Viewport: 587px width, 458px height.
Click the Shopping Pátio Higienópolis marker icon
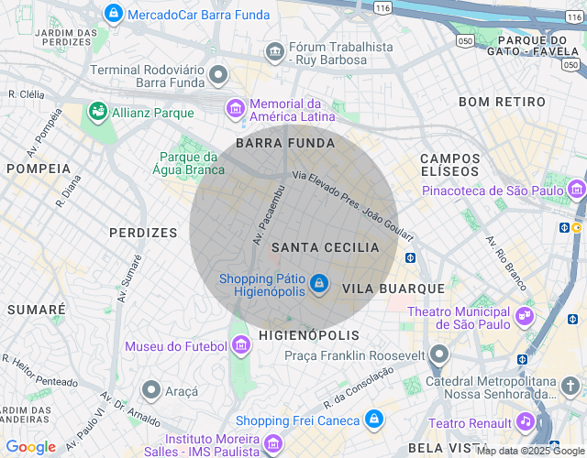[x=318, y=285]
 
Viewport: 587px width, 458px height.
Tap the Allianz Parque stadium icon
[x=97, y=112]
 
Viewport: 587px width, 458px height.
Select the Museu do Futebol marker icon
[x=241, y=345]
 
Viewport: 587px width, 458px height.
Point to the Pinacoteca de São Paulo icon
[x=576, y=190]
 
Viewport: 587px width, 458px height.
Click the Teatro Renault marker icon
[x=525, y=421]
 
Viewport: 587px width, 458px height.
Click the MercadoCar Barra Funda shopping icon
[x=114, y=14]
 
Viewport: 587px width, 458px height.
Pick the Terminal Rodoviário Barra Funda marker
[x=218, y=74]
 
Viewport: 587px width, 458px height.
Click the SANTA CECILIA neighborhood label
[x=326, y=247]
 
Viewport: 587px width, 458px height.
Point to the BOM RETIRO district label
[x=502, y=102]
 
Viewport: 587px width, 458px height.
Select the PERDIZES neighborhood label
[x=143, y=233]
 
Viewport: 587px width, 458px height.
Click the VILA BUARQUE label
[x=393, y=288]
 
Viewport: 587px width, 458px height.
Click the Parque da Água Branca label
[x=192, y=163]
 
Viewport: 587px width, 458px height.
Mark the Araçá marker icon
[x=152, y=391]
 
